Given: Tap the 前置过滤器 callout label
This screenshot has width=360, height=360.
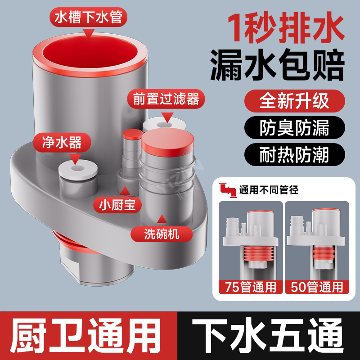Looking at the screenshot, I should coord(166,99).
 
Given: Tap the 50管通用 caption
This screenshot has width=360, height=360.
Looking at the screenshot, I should coord(318,286).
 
